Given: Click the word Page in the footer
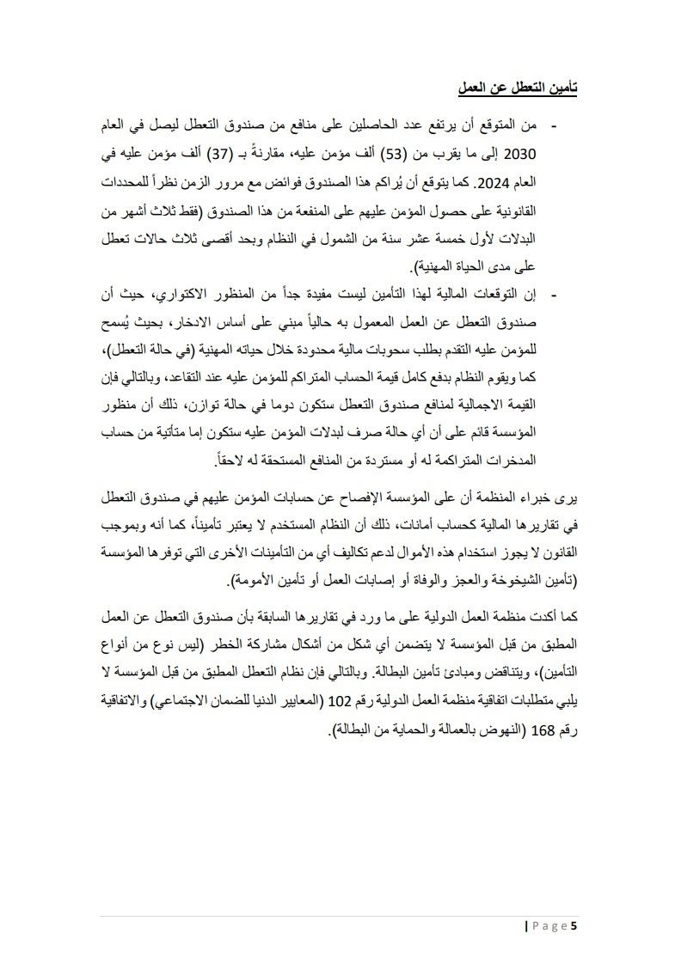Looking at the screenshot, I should click(549, 926).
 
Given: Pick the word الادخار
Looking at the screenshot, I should click(210, 324).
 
